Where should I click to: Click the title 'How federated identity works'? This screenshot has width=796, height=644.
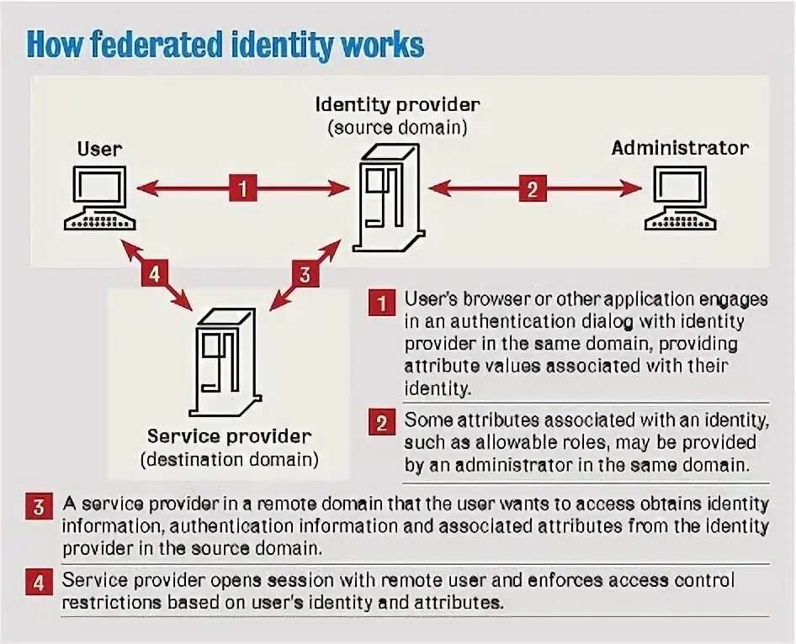pos(225,45)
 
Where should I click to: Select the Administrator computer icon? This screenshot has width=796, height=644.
pos(680,198)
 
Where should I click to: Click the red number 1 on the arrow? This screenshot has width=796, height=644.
pos(242,188)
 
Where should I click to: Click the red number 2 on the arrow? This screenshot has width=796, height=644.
pos(531,188)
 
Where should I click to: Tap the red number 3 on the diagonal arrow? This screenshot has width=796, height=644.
pos(305,273)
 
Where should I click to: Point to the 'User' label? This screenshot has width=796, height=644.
pos(99,149)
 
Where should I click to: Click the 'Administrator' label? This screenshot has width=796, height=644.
pos(680,148)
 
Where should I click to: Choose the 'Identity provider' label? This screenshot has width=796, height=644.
pos(397,105)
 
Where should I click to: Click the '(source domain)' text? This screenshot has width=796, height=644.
pos(397,128)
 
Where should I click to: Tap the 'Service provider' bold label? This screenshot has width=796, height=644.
pos(229,436)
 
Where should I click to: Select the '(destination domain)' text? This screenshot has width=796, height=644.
pos(229,460)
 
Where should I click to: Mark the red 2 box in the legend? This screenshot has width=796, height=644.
pos(382,423)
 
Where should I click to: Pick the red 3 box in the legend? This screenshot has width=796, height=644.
pos(40,507)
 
